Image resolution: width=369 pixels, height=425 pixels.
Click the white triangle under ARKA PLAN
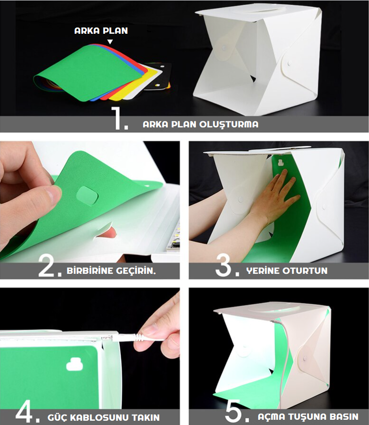pyautogui.click(x=110, y=42)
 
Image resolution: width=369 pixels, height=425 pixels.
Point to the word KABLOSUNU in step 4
pyautogui.click(x=99, y=417)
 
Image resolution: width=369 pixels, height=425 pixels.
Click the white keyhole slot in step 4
pyautogui.click(x=75, y=364)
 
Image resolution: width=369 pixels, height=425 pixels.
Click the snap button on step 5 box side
pyautogui.click(x=305, y=359)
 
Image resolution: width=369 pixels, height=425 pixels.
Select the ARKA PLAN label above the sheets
pyautogui.click(x=101, y=31)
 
